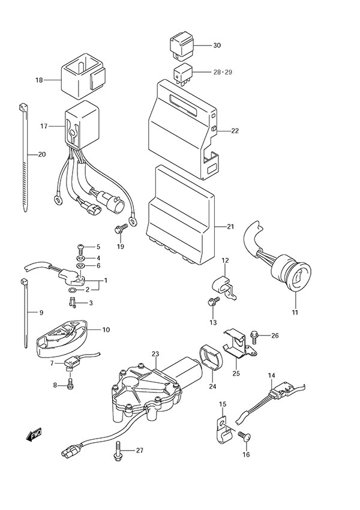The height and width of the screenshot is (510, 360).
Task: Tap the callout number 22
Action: pyautogui.click(x=235, y=131)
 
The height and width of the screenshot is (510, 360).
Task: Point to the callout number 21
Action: pyautogui.click(x=230, y=227)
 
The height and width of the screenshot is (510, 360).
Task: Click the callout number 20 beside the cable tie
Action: pyautogui.click(x=41, y=154)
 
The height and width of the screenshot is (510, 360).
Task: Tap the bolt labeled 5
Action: pyautogui.click(x=81, y=247)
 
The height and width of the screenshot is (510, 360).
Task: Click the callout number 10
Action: pyautogui.click(x=106, y=329)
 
